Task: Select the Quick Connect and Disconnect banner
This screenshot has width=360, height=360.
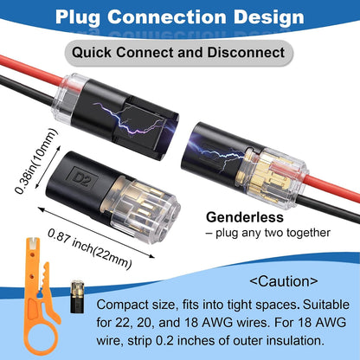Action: (x=178, y=53)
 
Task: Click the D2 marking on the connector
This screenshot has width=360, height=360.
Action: (x=82, y=177)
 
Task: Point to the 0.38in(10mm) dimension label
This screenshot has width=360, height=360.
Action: (x=36, y=161)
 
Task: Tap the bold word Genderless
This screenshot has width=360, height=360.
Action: (x=245, y=217)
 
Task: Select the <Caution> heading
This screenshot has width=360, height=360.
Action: (x=284, y=281)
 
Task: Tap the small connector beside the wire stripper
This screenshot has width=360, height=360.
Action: (x=77, y=297)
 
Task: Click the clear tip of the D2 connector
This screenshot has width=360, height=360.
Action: (x=145, y=209)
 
